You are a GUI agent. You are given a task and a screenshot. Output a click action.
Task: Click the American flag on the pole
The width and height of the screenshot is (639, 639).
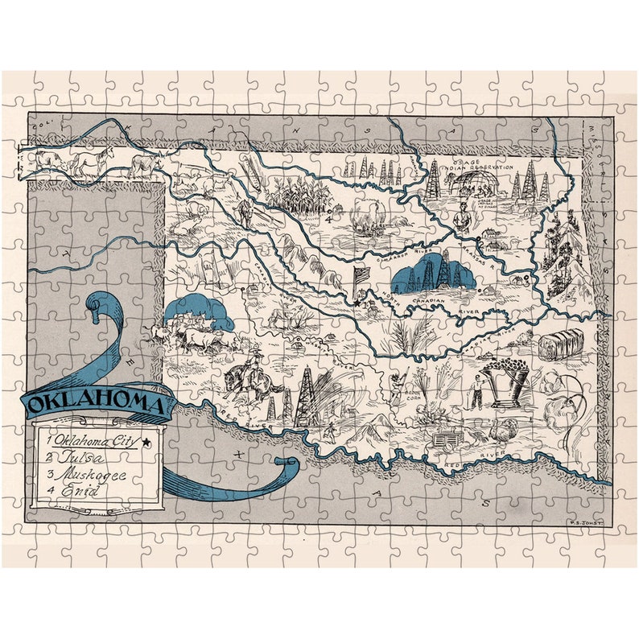click(361, 277)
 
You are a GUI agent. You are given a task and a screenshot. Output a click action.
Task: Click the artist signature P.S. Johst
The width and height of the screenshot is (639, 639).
click(583, 522)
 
